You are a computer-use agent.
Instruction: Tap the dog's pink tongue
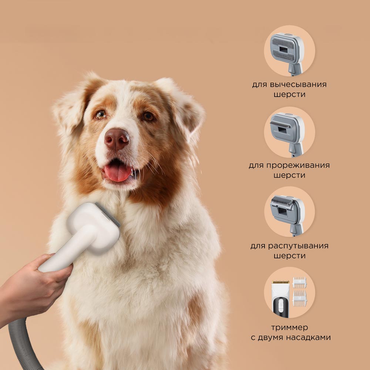pos(118,172)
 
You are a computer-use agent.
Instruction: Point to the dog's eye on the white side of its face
pos(101,115)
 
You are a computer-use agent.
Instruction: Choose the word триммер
pos(290,327)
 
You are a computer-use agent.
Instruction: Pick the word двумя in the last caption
pos(271,338)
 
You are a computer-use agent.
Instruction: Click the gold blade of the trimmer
pos(280,282)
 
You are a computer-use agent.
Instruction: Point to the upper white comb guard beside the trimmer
pos(299,282)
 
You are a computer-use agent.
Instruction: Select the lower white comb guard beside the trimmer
pos(299,299)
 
